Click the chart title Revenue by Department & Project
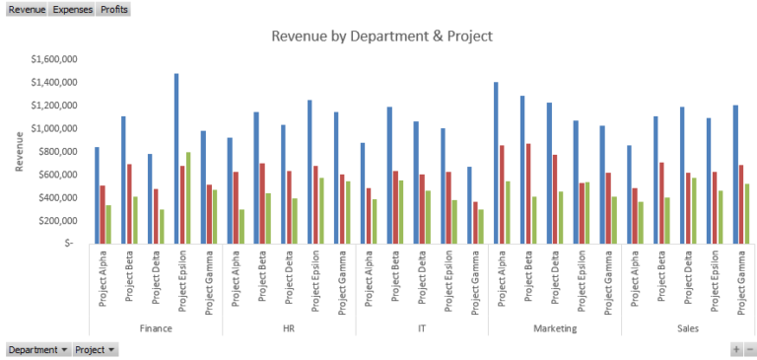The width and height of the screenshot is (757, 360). point(380,36)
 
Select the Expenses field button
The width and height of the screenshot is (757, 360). point(72,9)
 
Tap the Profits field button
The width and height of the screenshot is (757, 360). point(113,9)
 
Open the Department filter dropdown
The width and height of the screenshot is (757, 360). point(38,349)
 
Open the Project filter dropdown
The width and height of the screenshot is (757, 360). point(96,349)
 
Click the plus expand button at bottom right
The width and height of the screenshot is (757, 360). point(735,349)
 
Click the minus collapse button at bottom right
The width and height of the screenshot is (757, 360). point(750,349)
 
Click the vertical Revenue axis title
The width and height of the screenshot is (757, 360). point(20,151)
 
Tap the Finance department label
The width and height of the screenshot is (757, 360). point(156,327)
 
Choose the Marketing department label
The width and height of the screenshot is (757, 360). point(555,327)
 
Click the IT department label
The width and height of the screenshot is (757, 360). point(422,327)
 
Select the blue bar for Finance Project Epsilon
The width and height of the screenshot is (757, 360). point(176,158)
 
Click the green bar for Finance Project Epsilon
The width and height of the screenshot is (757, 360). point(188,197)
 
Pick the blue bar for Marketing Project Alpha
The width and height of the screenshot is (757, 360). point(496,163)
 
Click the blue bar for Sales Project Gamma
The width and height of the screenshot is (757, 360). point(735,174)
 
